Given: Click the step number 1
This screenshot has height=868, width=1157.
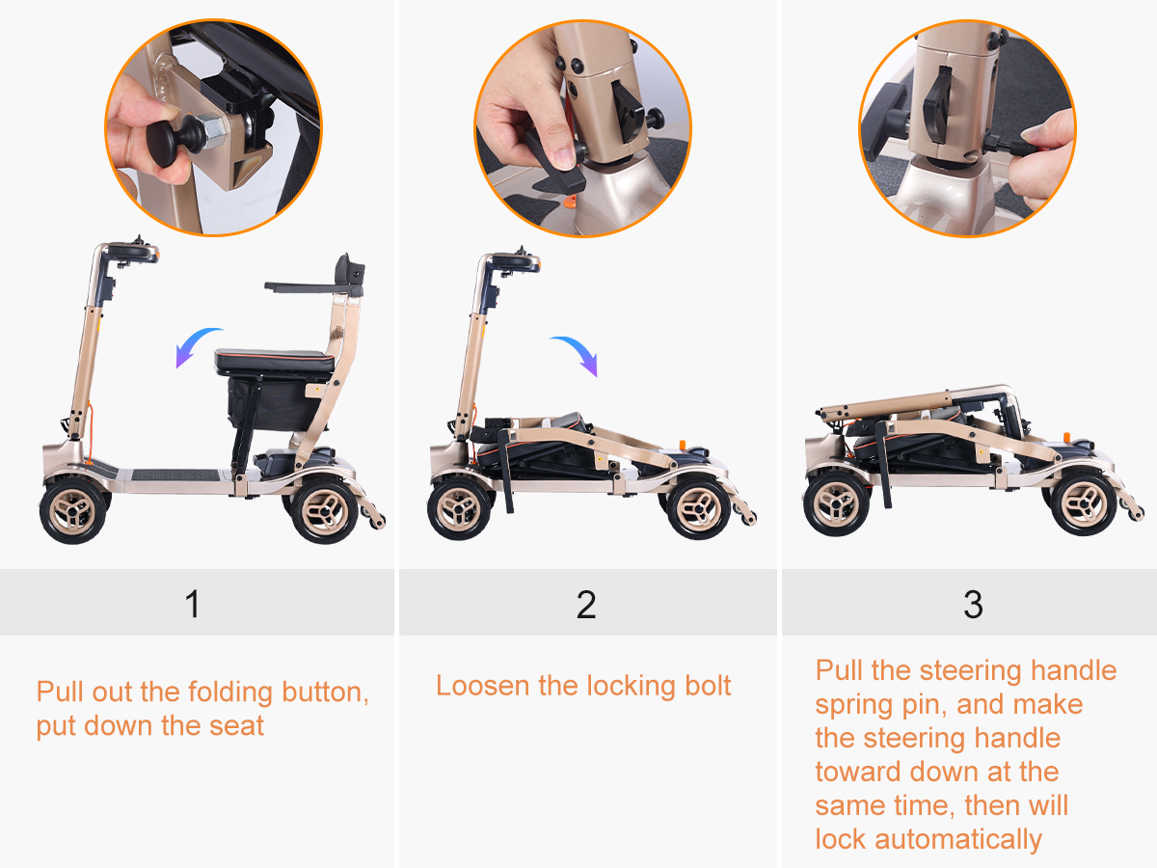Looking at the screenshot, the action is pos(193,604).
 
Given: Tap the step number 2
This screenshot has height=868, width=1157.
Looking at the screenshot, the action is pos(586,605).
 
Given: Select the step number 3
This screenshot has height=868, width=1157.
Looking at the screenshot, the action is pos(973,605).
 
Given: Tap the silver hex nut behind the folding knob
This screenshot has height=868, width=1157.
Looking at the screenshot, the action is pos(215,132).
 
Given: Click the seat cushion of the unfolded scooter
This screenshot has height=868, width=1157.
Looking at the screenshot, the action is pos(274,361).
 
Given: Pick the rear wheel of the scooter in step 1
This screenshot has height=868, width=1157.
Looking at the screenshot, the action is pos(325,510).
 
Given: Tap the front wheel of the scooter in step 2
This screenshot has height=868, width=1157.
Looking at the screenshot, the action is pos(459,508).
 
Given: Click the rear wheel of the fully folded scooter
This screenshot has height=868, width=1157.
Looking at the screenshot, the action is pos(1084,504).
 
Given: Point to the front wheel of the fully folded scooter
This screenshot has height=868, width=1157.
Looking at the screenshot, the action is pos(836,503).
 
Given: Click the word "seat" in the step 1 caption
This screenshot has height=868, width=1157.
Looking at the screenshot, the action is pos(236,726).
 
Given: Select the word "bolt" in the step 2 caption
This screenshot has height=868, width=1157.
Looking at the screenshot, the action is pos(708,686).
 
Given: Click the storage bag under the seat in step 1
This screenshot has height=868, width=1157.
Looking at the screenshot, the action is pos(274,403).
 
